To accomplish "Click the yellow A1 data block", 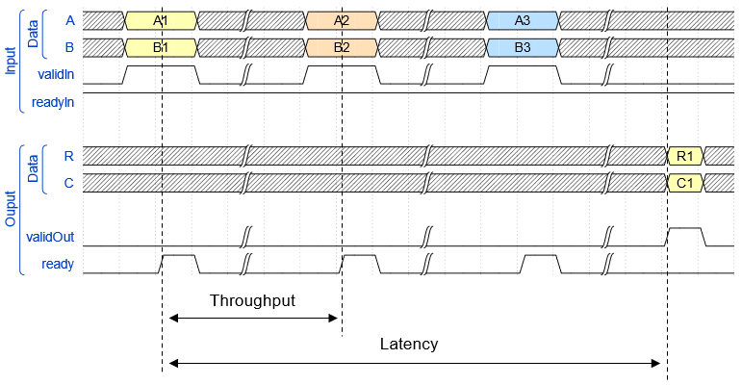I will pyautogui.click(x=161, y=19).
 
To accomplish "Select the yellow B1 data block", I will pyautogui.click(x=161, y=46).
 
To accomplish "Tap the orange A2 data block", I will pyautogui.click(x=341, y=19).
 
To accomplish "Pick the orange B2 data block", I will pyautogui.click(x=341, y=46).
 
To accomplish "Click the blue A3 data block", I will pyautogui.click(x=522, y=19).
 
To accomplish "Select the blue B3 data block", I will pyautogui.click(x=522, y=46).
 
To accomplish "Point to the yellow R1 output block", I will pyautogui.click(x=685, y=155).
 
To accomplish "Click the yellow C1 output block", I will pyautogui.click(x=685, y=182).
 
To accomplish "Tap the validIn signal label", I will pyautogui.click(x=55, y=73).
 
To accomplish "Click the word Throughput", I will pyautogui.click(x=252, y=299).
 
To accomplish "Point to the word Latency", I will pyautogui.click(x=408, y=344).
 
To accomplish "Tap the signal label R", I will pyautogui.click(x=67, y=154).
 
